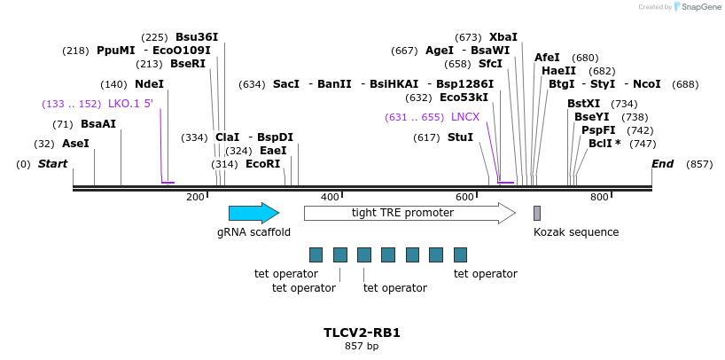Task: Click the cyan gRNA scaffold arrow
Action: click(253, 213)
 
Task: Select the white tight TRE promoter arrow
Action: click(409, 213)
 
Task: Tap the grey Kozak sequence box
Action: click(537, 213)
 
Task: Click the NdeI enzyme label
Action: click(149, 84)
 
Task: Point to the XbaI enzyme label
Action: click(503, 37)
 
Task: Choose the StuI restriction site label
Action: click(460, 137)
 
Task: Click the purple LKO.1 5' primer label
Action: click(130, 104)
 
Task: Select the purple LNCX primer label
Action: click(464, 117)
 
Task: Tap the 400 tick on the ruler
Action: click(330, 197)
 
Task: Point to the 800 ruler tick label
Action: click(599, 197)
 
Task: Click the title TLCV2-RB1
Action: click(362, 333)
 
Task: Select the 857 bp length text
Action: click(362, 347)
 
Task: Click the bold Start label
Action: click(52, 164)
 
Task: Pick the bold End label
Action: click(662, 164)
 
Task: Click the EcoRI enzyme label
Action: click(262, 164)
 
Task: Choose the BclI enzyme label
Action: click(604, 144)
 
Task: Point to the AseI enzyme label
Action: click(75, 144)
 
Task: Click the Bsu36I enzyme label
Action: click(197, 37)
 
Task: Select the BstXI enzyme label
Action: click(583, 104)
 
